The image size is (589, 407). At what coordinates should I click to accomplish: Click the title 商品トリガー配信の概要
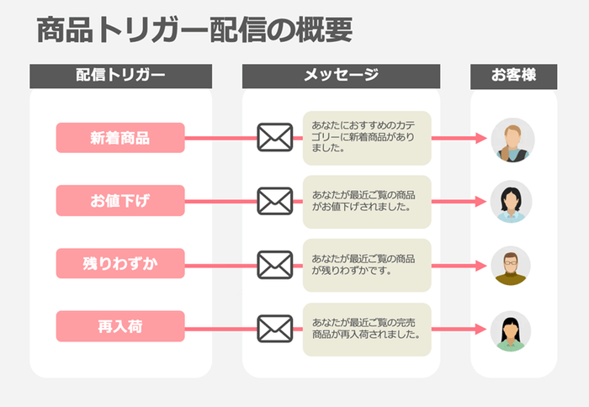[x=194, y=31]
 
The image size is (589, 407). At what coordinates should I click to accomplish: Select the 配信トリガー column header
[x=120, y=76]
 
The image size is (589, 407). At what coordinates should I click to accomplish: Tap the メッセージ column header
[x=341, y=76]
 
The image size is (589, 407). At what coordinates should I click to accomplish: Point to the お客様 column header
[x=513, y=76]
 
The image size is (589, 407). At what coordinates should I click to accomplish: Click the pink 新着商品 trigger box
[x=120, y=138]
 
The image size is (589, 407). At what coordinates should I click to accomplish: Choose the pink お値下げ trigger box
[x=120, y=201]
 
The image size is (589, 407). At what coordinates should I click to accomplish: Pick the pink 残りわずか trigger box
[x=120, y=263]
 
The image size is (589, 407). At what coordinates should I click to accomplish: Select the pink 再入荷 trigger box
[x=120, y=326]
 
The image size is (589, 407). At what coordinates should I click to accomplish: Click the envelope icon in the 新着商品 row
[x=274, y=138]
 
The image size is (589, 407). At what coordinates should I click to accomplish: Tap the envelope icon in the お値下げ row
[x=274, y=201]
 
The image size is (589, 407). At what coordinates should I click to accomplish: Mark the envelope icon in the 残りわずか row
[x=274, y=264]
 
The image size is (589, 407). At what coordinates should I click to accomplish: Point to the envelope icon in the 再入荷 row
[x=274, y=327]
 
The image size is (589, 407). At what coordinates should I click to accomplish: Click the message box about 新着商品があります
[x=367, y=138]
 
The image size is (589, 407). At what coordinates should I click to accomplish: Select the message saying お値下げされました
[x=367, y=201]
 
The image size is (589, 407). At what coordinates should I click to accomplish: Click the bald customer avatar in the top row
[x=512, y=140]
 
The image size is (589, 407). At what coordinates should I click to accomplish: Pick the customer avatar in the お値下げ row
[x=512, y=202]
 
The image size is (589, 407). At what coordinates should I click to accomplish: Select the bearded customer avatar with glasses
[x=512, y=266]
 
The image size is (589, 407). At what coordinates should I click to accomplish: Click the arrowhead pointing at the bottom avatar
[x=482, y=329]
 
